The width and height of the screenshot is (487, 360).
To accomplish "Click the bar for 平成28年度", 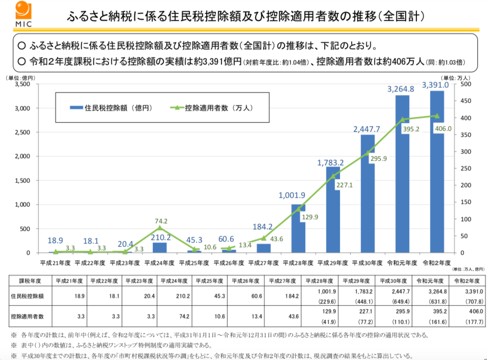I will coord(298,228).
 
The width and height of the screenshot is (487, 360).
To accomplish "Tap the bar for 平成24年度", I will coord(159,247).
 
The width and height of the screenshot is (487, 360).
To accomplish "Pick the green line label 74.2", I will coord(160,221).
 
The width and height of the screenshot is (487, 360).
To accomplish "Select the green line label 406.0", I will coord(443,129).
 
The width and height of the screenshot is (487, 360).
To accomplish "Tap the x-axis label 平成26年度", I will coord(228,263).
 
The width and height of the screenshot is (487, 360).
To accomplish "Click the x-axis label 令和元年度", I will coord(402,263).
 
